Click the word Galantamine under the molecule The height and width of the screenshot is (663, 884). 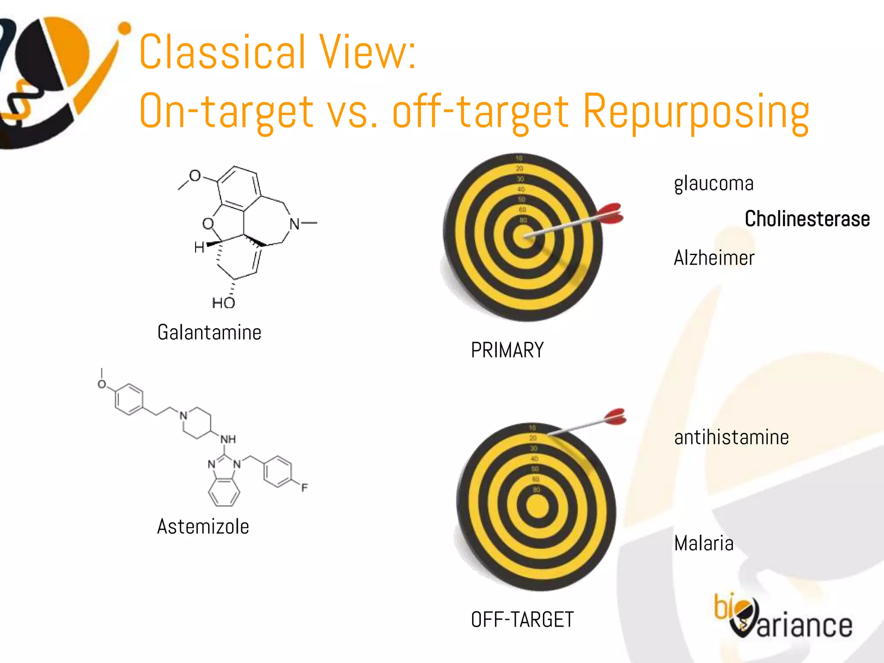tap(209, 332)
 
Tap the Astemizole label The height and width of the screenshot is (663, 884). tap(203, 527)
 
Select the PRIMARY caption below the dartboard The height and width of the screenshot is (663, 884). tap(507, 350)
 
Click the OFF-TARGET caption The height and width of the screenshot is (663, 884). tap(522, 620)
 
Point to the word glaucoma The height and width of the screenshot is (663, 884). tap(714, 184)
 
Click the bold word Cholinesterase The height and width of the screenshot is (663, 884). tap(807, 219)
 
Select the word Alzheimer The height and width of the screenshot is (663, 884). tap(714, 258)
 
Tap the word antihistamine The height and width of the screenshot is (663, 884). tap(731, 437)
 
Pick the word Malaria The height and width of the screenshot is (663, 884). tap(704, 543)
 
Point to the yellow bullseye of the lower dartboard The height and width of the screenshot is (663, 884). tap(537, 506)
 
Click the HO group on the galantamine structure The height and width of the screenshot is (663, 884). tap(223, 303)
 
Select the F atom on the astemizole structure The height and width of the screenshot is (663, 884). tap(304, 488)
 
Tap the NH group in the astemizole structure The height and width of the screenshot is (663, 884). tap(228, 439)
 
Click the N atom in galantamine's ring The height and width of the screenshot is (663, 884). tap(294, 224)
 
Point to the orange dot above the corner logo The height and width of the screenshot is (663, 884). tap(125, 28)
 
